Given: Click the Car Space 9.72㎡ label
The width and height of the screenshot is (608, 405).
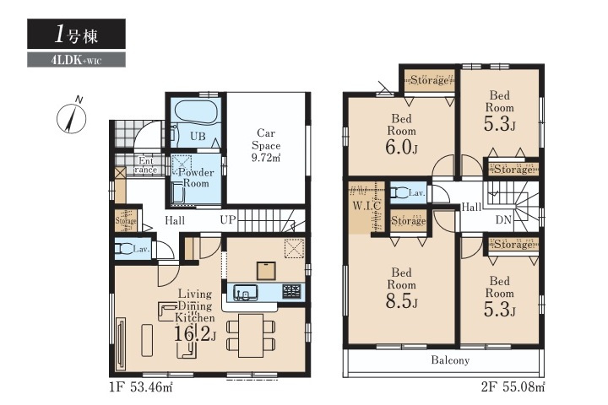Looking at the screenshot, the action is tap(266, 145).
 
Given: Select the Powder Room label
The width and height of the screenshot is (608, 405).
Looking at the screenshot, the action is tap(196, 177).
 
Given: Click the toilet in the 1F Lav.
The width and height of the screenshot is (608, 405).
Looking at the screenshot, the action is tap(123, 248).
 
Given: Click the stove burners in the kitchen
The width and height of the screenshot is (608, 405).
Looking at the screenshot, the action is tap(291, 291).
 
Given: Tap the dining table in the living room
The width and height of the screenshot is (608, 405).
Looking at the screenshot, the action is tap(251, 335).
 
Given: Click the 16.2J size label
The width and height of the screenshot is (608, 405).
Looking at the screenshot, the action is tap(194, 333).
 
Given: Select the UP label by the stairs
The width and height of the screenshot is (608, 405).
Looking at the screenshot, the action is tap(228, 219).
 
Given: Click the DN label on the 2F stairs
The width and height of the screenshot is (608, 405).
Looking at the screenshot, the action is tap(503, 219).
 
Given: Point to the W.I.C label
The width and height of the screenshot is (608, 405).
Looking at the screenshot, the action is tap(366, 206).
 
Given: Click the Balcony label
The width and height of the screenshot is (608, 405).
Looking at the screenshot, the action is tap(450, 360).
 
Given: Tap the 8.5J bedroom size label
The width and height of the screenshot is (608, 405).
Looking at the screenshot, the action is tap(401, 301).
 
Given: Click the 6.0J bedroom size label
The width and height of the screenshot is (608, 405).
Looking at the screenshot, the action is tap(401, 147).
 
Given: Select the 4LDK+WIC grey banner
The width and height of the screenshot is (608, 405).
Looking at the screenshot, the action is tap(76, 60).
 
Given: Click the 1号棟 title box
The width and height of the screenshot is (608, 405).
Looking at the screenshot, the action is tap(76, 34).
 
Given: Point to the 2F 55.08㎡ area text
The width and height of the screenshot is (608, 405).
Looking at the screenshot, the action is tap(513, 386).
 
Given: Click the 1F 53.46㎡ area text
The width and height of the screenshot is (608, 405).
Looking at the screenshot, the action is tap(141, 386).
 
